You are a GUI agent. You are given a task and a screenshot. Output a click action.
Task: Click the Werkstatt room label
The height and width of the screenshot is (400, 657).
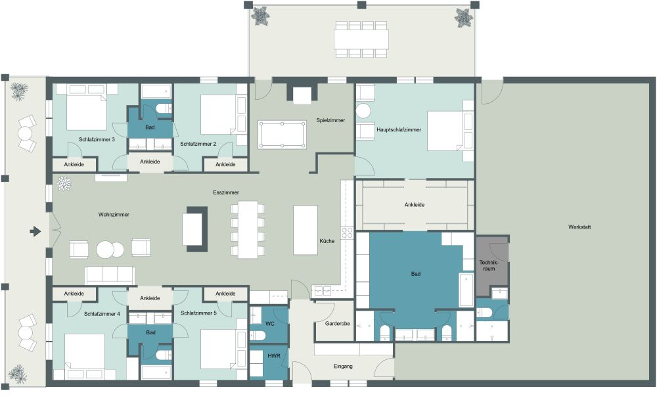tap(580, 227)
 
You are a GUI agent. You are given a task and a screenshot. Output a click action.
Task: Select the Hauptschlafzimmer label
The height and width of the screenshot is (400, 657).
tap(399, 129)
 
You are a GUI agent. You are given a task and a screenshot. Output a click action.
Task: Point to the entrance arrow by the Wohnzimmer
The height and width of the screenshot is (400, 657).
tap(34, 231)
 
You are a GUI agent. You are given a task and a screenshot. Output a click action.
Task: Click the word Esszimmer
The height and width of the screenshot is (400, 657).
tap(226, 192)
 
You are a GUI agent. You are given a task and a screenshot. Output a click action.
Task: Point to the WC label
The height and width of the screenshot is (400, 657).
tap(270, 324)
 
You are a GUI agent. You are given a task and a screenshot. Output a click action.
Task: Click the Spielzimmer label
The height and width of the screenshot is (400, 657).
tap(330, 120)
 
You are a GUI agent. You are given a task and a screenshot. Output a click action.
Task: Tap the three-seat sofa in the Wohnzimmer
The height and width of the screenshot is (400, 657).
tap(110, 275)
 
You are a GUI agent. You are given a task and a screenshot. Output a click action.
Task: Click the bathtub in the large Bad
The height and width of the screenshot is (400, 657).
tap(466, 290)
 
